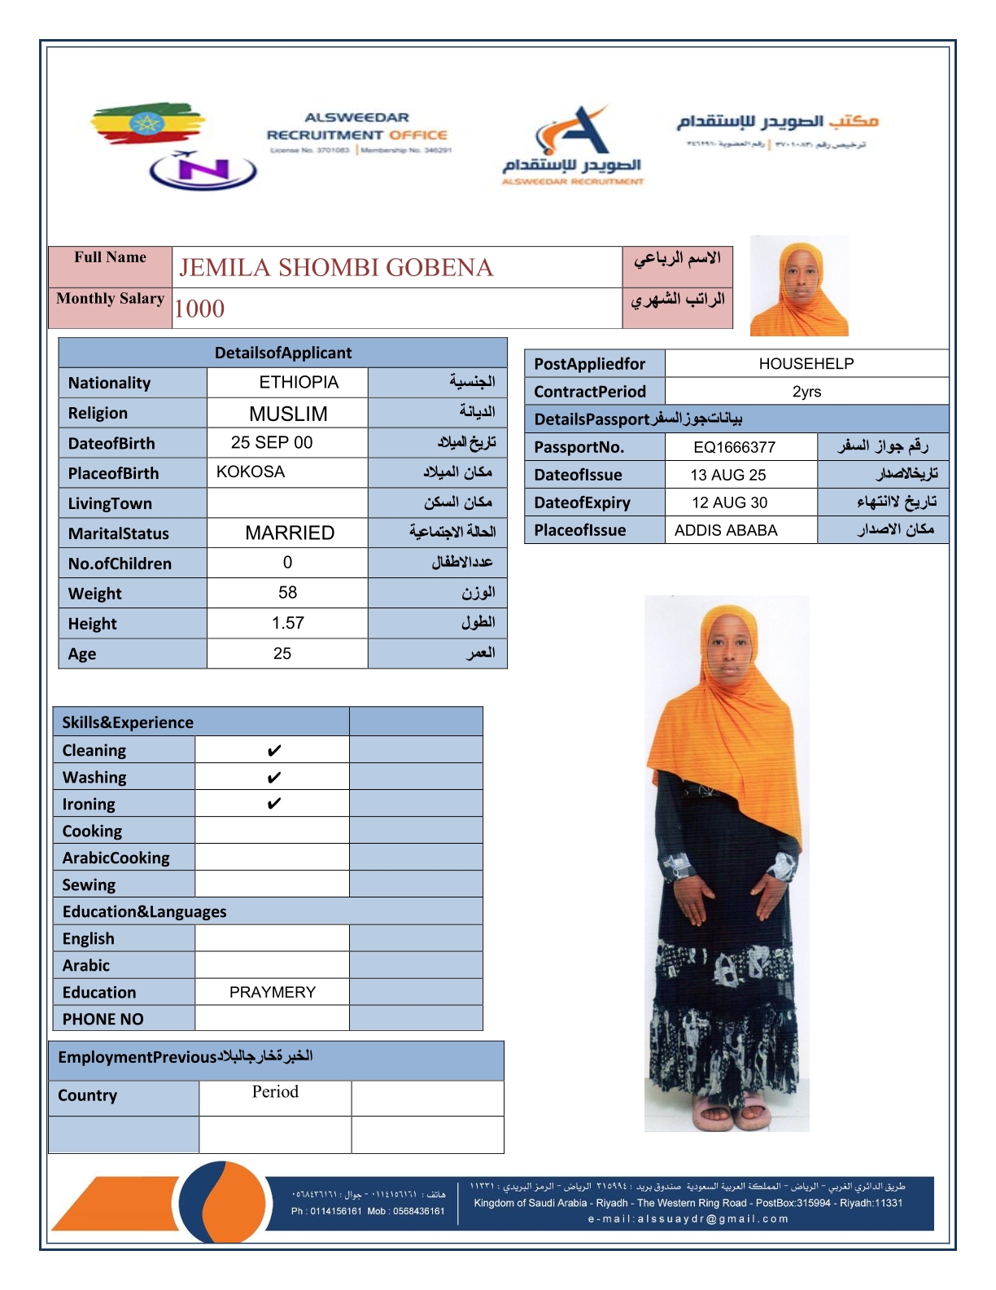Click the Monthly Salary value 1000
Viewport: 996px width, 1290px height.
199,309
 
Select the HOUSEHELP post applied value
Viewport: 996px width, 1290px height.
806,364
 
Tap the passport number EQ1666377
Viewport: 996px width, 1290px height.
734,447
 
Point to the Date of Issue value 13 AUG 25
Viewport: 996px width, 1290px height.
727,475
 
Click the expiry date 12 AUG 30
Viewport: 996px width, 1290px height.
729,502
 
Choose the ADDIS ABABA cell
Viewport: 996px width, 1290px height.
726,530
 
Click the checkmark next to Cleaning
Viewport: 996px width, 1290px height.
274,750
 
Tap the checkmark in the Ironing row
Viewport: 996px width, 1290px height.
274,804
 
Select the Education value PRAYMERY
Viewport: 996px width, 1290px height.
272,992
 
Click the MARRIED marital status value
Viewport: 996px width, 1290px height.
290,533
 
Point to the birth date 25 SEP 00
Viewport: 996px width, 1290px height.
272,442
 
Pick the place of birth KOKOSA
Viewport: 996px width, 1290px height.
251,472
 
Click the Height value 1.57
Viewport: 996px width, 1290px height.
288,623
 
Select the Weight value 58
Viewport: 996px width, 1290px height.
287,593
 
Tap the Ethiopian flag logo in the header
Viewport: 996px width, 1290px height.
146,124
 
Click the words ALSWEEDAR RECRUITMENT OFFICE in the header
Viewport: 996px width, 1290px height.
357,126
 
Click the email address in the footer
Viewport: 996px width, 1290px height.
688,1219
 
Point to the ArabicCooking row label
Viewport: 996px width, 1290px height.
116,858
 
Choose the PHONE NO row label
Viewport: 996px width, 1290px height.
103,1019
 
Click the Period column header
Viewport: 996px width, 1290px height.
275,1091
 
